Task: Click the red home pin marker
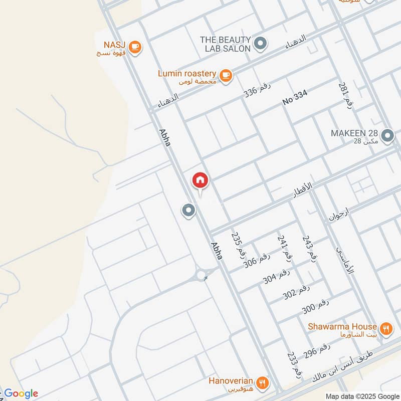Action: coord(200,180)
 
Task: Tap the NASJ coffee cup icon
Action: coord(134,47)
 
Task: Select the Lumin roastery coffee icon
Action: coord(226,75)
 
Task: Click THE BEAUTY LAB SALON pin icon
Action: coord(260,44)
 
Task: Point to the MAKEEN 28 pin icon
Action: coord(387,135)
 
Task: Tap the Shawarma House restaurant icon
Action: coord(385,329)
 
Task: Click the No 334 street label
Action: coord(294,97)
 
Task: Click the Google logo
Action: coord(20,393)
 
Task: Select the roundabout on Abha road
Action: coord(202,275)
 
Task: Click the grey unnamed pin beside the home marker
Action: coord(188,210)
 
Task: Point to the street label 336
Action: coord(257,90)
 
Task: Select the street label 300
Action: coord(315,306)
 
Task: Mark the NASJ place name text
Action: coord(115,44)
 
